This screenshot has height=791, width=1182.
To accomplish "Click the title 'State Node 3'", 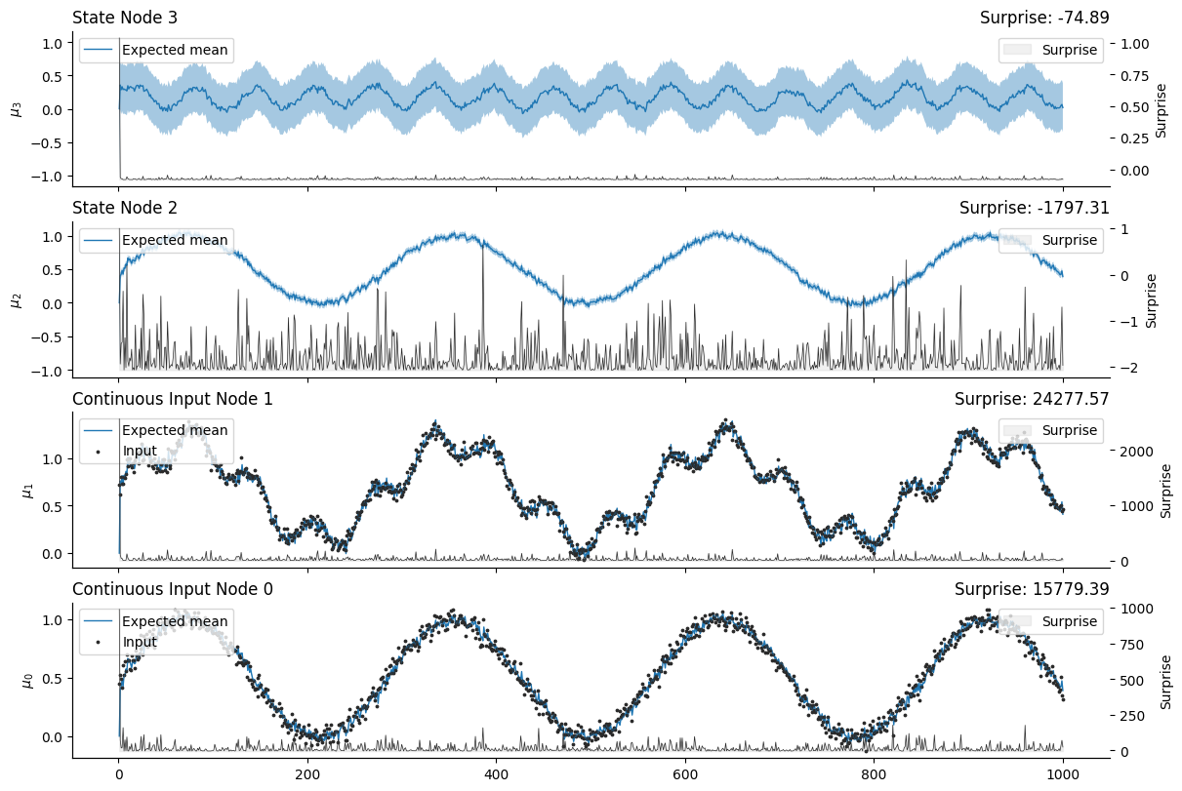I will [x=125, y=17].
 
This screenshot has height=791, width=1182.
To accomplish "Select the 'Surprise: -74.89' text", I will [x=1044, y=17].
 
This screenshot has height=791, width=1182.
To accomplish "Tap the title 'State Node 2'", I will [x=125, y=207].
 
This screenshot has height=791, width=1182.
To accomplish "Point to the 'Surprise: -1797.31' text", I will [x=1034, y=207].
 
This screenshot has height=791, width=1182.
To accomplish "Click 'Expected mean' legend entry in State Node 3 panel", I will [x=175, y=50].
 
